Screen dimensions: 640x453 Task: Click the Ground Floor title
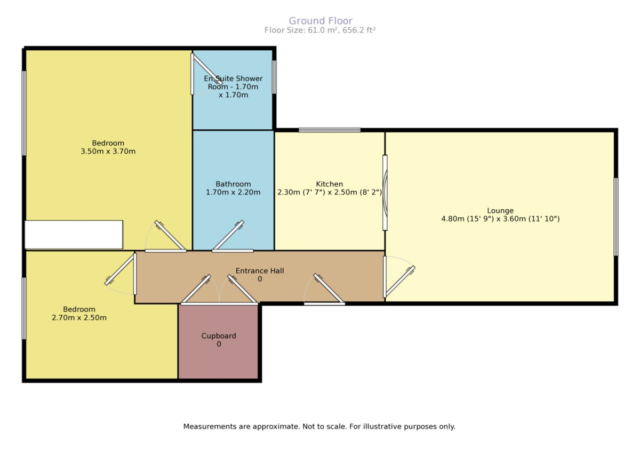321,21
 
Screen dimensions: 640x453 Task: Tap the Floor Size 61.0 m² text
319,30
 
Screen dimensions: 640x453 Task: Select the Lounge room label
500,210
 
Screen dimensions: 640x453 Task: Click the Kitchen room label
329,184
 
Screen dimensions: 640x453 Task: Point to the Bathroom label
233,184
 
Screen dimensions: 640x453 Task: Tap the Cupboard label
219,336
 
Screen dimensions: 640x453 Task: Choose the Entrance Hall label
260,271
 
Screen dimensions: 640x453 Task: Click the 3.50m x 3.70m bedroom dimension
108,151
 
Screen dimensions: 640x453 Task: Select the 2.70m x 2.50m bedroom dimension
79,318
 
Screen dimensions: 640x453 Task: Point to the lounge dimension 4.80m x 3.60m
500,219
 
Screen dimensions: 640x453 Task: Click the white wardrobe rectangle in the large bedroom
74,235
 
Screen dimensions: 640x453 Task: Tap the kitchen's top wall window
330,130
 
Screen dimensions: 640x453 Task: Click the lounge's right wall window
616,217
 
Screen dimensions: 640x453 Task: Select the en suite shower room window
274,77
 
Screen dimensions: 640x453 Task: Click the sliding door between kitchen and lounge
385,193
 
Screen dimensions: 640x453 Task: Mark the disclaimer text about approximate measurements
319,427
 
